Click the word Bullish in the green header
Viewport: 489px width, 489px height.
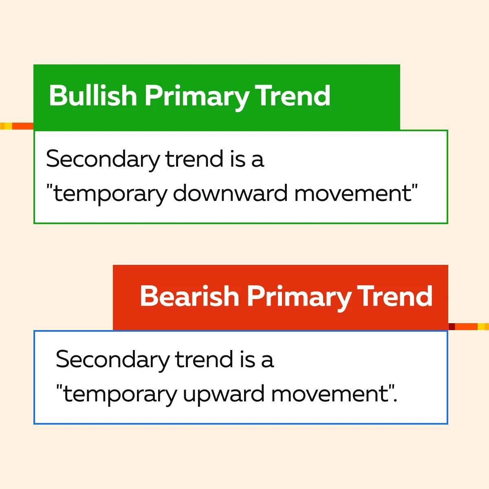[x=93, y=96]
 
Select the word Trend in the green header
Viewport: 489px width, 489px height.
[x=292, y=95]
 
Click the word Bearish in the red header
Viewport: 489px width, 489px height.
[x=189, y=296]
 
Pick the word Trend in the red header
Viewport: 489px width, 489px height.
[x=394, y=296]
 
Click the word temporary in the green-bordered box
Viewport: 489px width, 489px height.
[x=110, y=195]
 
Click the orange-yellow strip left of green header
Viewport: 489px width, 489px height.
[x=17, y=126]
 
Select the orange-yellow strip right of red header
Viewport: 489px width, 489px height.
[x=472, y=326]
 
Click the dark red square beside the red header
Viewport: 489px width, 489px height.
[x=452, y=326]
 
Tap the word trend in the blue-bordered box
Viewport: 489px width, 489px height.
[x=204, y=359]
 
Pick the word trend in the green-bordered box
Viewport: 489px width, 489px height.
[x=194, y=159]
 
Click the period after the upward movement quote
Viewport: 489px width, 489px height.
[x=395, y=401]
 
